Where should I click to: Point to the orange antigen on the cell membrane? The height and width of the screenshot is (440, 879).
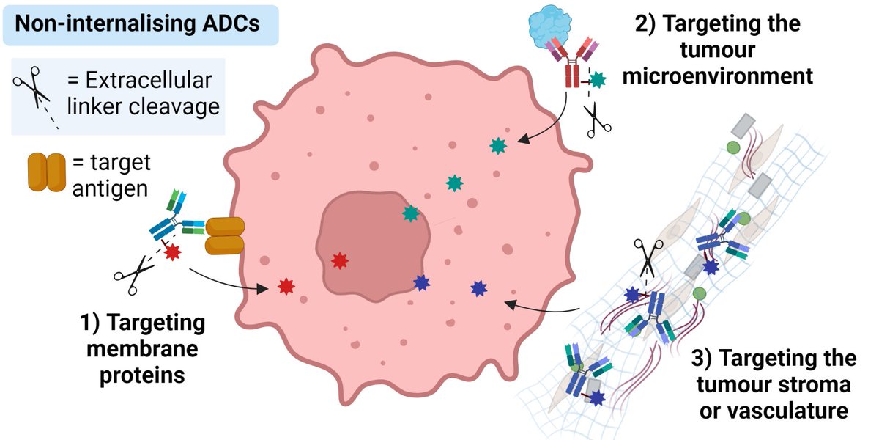click(x=223, y=236)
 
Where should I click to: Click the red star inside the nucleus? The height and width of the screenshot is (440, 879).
click(x=339, y=260)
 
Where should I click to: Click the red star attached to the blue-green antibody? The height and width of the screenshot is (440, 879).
click(x=173, y=253)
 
